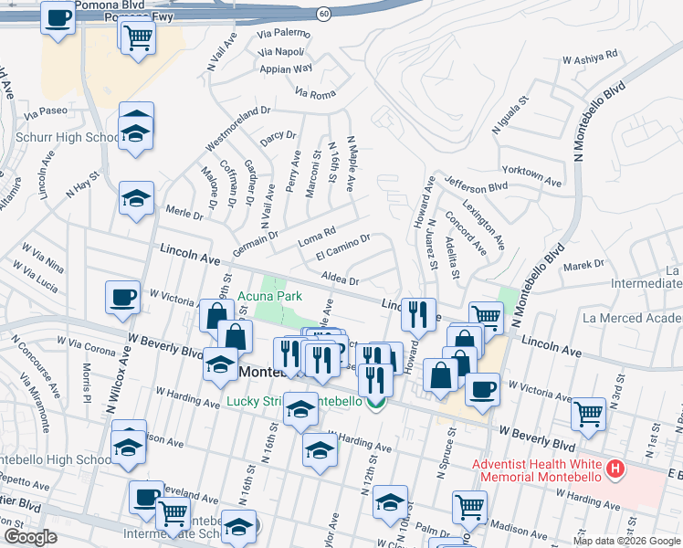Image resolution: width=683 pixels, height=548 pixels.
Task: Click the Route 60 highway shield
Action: tap(324, 14)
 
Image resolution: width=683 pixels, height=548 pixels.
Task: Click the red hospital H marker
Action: tap(615, 470)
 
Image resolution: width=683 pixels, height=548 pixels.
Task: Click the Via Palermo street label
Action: tap(284, 34)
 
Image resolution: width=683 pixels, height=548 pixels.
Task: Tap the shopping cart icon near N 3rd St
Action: tap(589, 413)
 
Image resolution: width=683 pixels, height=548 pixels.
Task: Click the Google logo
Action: tap(31, 537)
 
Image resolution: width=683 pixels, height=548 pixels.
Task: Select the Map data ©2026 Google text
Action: tap(626, 541)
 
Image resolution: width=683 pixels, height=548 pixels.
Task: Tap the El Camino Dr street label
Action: tap(341, 247)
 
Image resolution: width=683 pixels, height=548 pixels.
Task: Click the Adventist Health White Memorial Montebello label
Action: tap(536, 470)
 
